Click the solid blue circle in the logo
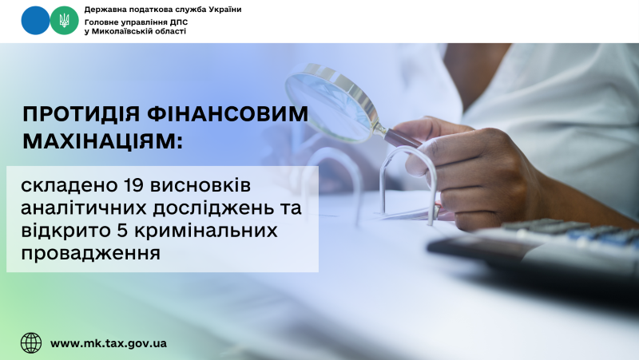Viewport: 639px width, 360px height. tap(35, 21)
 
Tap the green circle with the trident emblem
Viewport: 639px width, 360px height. tap(64, 21)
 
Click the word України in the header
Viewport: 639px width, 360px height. tap(225, 10)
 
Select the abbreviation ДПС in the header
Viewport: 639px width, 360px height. tap(179, 22)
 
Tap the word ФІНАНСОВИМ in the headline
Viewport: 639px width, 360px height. tap(228, 114)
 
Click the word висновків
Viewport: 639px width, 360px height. tap(200, 186)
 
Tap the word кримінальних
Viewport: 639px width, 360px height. tap(206, 231)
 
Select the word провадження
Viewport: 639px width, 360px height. tap(90, 253)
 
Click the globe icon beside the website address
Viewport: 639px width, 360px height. tap(31, 343)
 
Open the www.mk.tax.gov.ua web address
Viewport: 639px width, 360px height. tap(109, 343)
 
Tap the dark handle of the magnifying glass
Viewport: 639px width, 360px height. tap(403, 137)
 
